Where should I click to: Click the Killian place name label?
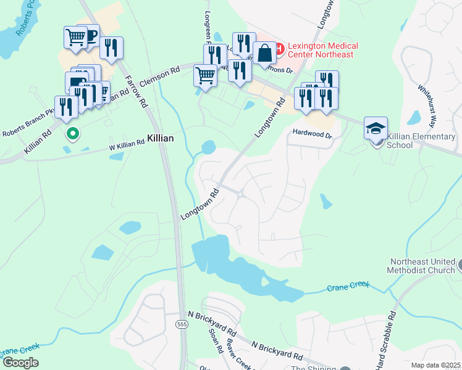[160, 139]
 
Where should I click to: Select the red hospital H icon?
[279, 47]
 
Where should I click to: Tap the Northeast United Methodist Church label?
[421, 266]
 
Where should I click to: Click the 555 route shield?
[181, 325]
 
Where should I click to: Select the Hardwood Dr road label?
[313, 133]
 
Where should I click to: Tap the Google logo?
[20, 363]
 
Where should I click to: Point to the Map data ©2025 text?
[435, 365]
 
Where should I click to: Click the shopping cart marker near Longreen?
[205, 76]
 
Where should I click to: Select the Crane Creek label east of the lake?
[349, 286]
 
